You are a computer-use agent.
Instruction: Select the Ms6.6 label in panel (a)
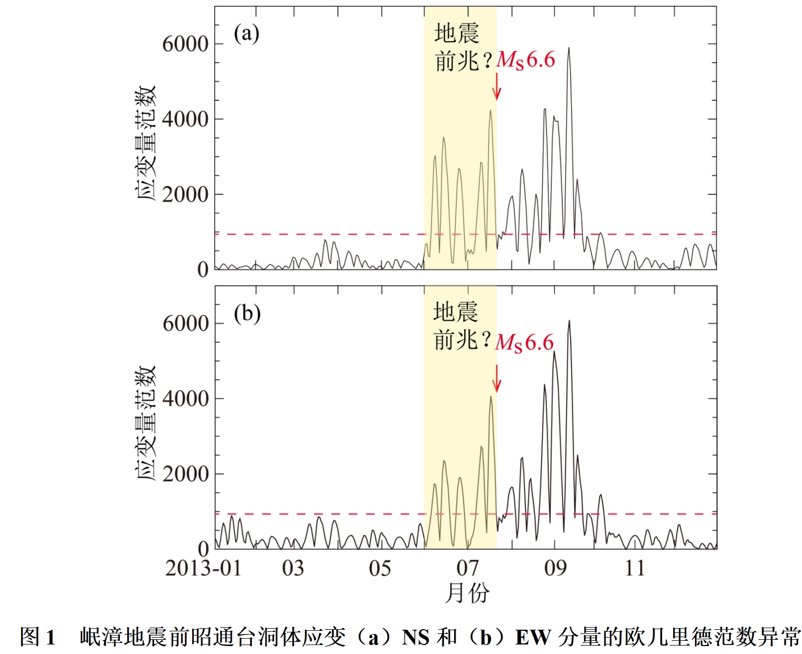[526, 60]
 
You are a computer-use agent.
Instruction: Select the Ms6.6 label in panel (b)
[524, 343]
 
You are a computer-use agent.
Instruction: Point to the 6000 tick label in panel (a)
[185, 44]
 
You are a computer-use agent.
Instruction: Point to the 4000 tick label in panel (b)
[185, 399]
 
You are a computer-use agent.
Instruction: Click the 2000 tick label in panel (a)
[185, 195]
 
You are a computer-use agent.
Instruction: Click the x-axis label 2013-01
[203, 568]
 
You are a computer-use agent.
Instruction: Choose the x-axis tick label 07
[467, 568]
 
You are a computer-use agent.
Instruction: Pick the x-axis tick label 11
[635, 568]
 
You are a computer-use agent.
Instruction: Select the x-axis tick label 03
[293, 568]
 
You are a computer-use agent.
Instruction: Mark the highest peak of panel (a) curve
[569, 48]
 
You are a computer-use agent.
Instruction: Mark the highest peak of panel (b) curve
[569, 320]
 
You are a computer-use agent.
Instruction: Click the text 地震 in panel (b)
[456, 312]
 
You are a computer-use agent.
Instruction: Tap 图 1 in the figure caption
[37, 637]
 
